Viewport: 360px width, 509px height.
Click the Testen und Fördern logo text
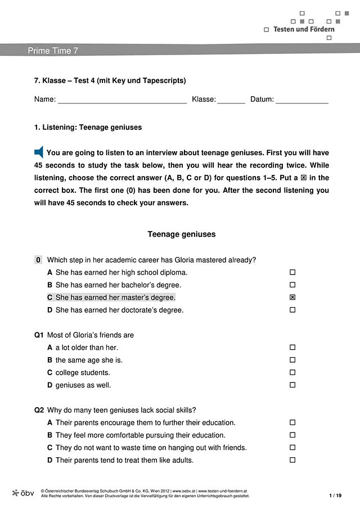coord(304,29)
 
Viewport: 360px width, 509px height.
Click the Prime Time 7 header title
coord(53,51)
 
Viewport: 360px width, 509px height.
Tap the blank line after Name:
coord(122,100)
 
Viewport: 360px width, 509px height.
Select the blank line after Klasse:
coord(231,100)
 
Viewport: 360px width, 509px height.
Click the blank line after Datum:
coord(301,100)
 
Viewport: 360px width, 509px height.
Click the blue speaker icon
coord(39,152)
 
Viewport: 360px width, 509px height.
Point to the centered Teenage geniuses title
coord(181,234)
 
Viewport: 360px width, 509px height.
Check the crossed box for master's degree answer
coord(292,298)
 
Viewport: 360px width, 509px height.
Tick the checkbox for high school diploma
coord(292,273)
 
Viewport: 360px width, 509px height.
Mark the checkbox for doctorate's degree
coord(292,310)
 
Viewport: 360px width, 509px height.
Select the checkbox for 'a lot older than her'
coord(292,348)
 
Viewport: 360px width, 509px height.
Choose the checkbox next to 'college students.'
coord(292,372)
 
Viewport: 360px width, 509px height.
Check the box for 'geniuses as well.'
coord(292,385)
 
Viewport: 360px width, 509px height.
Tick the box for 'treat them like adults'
coord(292,460)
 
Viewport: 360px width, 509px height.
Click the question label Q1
coord(39,335)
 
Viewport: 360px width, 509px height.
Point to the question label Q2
coord(39,410)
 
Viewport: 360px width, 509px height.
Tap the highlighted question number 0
coord(38,260)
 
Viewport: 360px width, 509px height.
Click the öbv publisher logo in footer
coord(23,493)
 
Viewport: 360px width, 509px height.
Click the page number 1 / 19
coord(335,495)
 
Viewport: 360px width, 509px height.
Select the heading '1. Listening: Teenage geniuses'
coord(88,127)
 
